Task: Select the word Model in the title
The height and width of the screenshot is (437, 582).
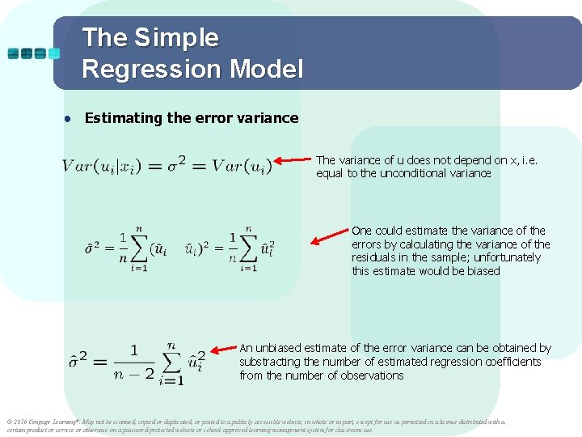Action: (266, 69)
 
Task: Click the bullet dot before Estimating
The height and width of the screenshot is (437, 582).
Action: (70, 119)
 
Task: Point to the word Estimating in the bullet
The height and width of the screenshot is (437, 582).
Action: (124, 118)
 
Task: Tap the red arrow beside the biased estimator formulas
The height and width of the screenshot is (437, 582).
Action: (329, 237)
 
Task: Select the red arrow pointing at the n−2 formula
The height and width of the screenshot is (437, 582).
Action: (224, 352)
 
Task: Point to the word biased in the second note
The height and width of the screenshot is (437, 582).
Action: (483, 271)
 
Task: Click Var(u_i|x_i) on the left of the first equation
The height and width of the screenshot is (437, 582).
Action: (101, 167)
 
